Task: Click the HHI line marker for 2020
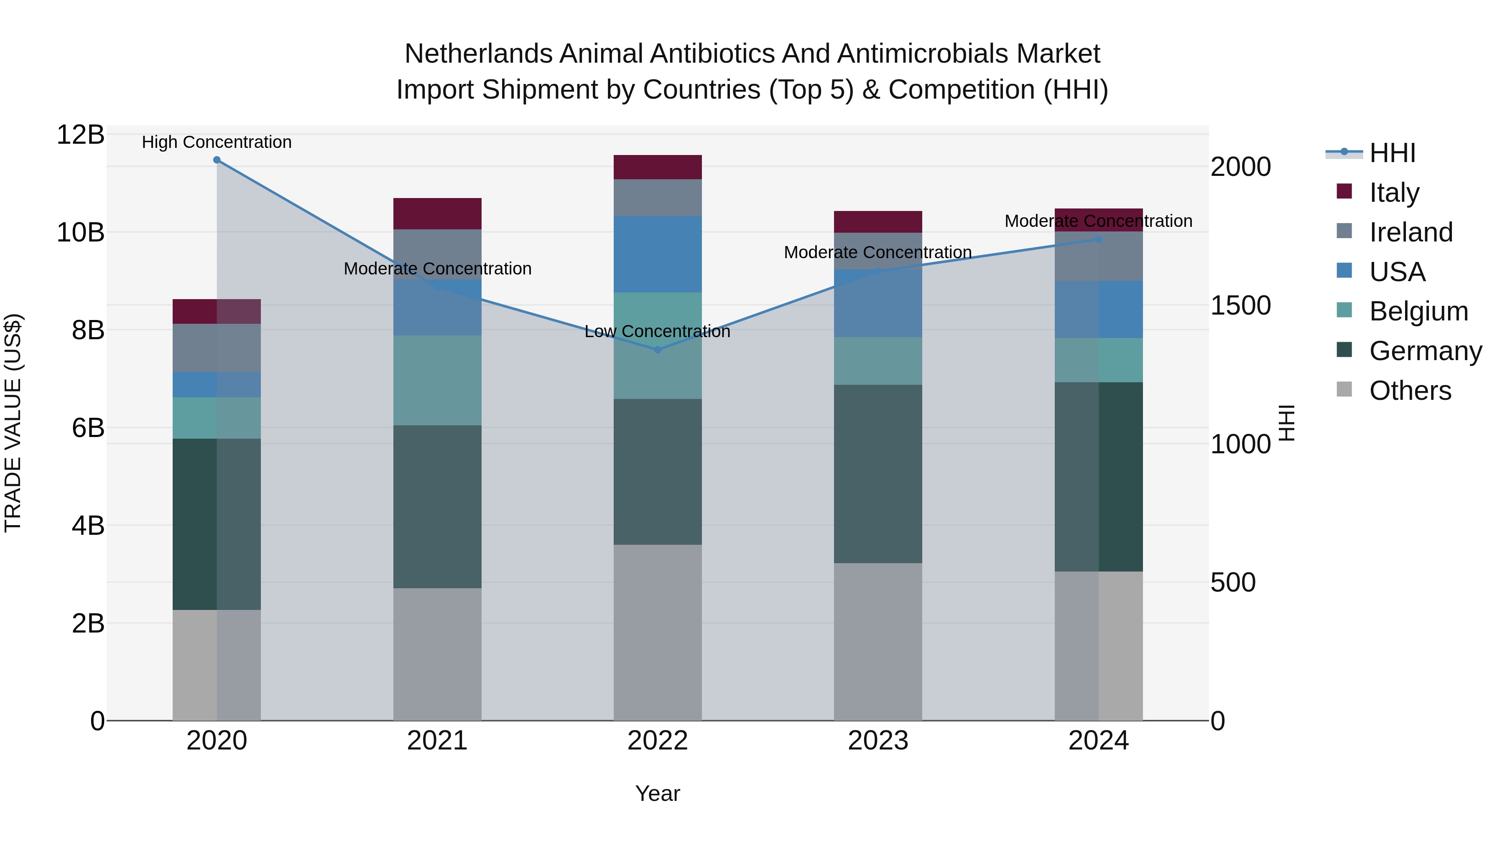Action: (217, 160)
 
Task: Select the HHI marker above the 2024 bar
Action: (1098, 239)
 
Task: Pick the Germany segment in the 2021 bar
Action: (437, 506)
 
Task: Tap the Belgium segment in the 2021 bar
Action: (437, 380)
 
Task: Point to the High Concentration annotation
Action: (217, 142)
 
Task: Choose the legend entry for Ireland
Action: (1411, 232)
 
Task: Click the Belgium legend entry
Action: (1418, 311)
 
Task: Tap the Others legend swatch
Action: (1344, 389)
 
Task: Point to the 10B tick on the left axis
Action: (81, 232)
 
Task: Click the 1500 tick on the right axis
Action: (1240, 305)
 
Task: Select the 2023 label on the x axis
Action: (877, 741)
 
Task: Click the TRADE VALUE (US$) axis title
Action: (13, 423)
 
